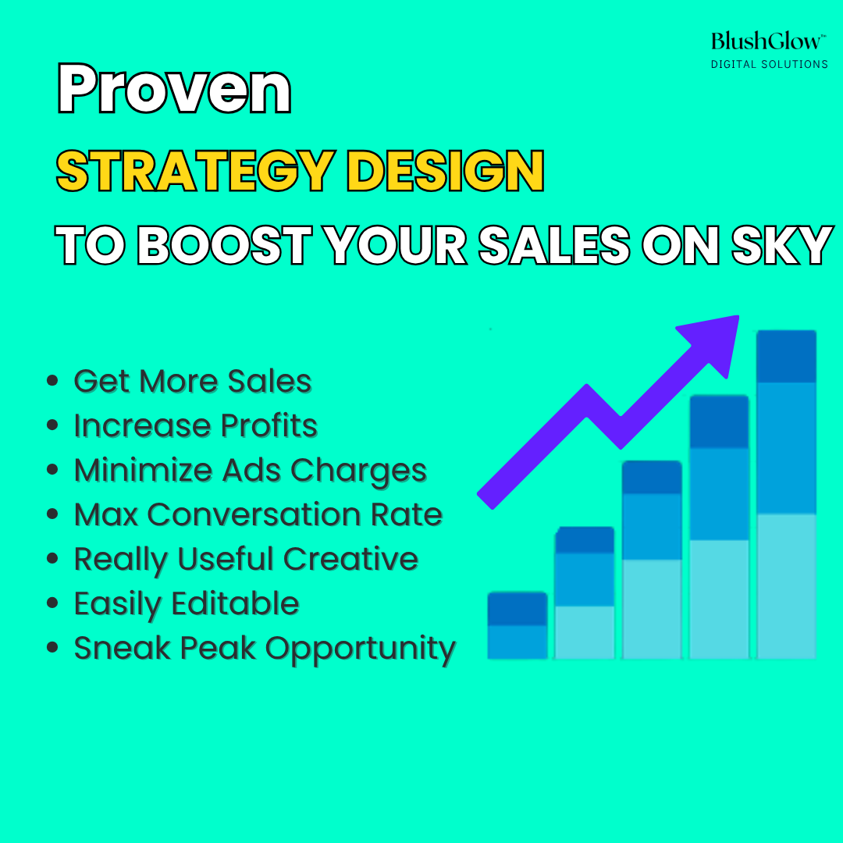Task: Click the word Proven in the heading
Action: pyautogui.click(x=174, y=88)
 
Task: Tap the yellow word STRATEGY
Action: pyautogui.click(x=196, y=171)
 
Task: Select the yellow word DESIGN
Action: pyautogui.click(x=446, y=171)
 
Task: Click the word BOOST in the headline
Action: pyautogui.click(x=225, y=245)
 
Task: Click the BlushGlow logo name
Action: pyautogui.click(x=768, y=41)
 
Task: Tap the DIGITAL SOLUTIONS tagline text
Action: pyautogui.click(x=770, y=65)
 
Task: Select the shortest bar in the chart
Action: pyautogui.click(x=518, y=625)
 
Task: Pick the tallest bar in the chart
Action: pyautogui.click(x=786, y=495)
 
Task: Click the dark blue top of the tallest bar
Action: pyautogui.click(x=786, y=357)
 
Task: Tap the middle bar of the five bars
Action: pyautogui.click(x=652, y=560)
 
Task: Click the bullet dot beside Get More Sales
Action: pyautogui.click(x=52, y=381)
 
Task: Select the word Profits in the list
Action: pyautogui.click(x=269, y=426)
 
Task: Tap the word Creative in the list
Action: pyautogui.click(x=350, y=559)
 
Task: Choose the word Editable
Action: pyautogui.click(x=235, y=603)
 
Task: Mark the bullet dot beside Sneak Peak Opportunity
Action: pyautogui.click(x=52, y=647)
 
